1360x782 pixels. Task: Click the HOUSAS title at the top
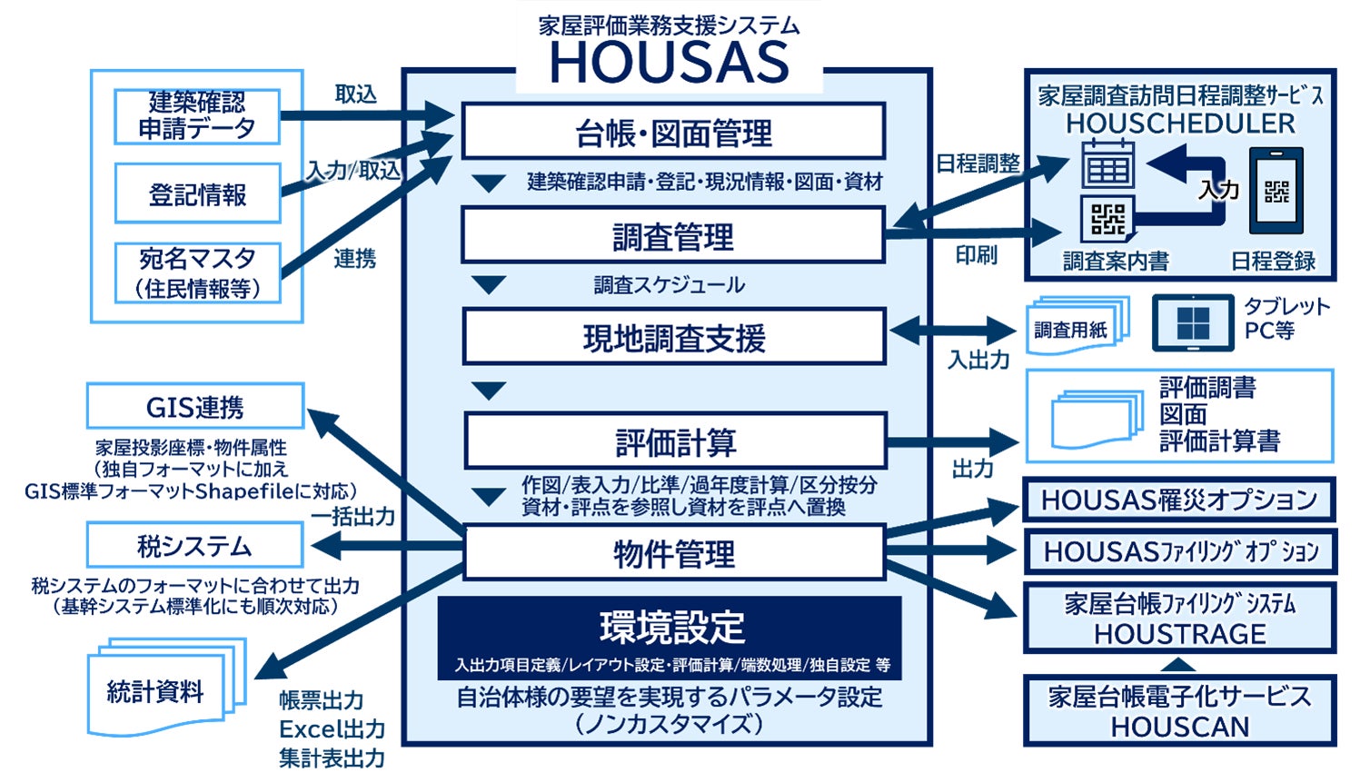(670, 62)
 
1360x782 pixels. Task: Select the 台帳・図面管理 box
(673, 133)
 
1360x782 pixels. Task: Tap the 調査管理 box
(673, 236)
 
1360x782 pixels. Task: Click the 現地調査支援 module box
(673, 338)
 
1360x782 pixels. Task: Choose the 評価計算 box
(675, 442)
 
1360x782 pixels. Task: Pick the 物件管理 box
(673, 552)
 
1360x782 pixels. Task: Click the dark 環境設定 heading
(670, 627)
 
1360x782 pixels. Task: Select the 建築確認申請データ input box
(197, 116)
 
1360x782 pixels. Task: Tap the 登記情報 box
(197, 193)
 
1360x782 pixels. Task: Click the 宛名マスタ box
(197, 272)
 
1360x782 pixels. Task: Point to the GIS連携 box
(195, 407)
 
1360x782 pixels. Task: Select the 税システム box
(195, 546)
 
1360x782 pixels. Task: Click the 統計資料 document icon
(164, 688)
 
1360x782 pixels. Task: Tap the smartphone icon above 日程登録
(1276, 191)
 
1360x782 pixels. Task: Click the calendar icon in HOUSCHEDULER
(1107, 165)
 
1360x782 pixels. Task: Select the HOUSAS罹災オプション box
(1179, 500)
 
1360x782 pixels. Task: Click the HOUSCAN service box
(1179, 710)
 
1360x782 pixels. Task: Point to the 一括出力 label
(353, 516)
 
